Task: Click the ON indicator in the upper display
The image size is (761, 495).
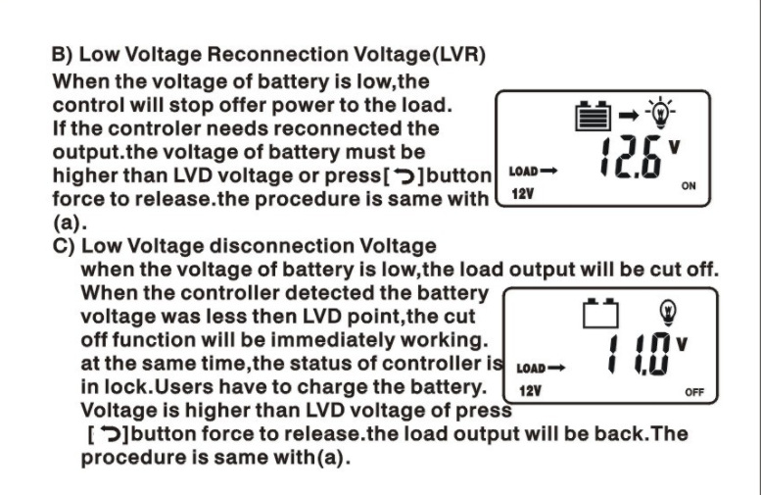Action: pyautogui.click(x=688, y=186)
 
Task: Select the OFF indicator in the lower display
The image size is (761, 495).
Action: pyautogui.click(x=694, y=392)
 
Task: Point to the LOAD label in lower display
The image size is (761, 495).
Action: pyautogui.click(x=531, y=369)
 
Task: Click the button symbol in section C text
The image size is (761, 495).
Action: pyautogui.click(x=107, y=434)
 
